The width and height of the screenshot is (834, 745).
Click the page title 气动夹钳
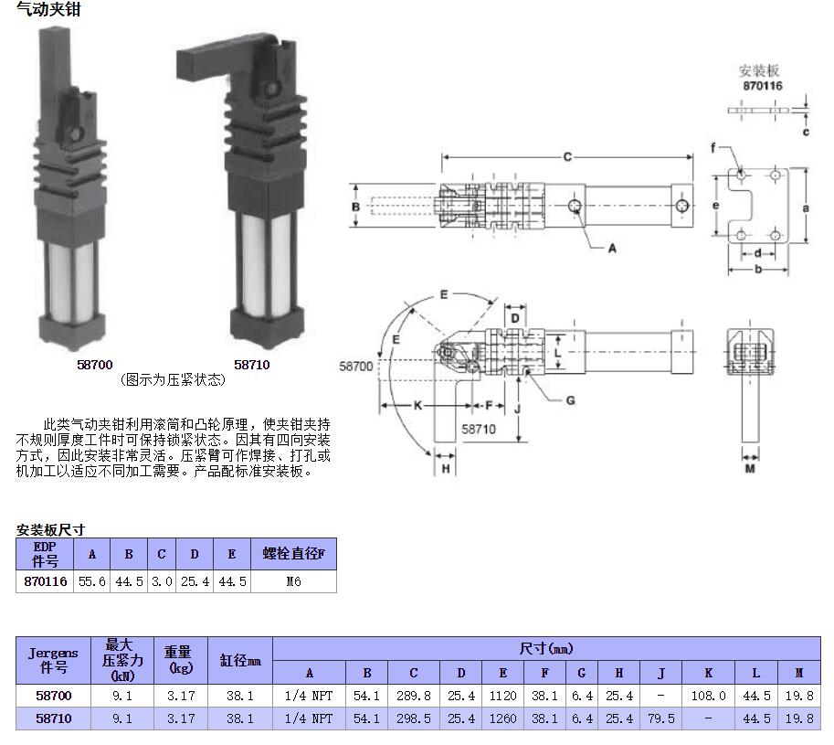[42, 10]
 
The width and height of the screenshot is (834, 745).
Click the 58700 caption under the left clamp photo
[95, 364]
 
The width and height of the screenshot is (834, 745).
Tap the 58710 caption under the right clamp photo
[252, 364]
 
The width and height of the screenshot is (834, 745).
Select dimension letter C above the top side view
[566, 157]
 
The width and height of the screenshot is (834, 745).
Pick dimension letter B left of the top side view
[356, 207]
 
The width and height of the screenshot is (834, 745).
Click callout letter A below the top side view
[612, 248]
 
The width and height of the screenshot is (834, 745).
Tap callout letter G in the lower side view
[570, 399]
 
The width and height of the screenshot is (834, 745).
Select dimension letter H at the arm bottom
[446, 468]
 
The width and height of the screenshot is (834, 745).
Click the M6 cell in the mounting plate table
[293, 581]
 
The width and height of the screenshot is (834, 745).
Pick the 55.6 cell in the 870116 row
[91, 581]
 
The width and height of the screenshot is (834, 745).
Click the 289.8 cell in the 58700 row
[414, 696]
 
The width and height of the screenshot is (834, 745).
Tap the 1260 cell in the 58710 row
[503, 718]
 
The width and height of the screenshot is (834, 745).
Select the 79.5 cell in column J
[660, 718]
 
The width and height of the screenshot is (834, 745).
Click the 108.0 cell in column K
[708, 696]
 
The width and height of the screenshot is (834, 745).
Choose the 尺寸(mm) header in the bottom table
[546, 649]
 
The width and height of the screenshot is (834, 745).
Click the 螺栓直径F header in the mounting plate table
[293, 554]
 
